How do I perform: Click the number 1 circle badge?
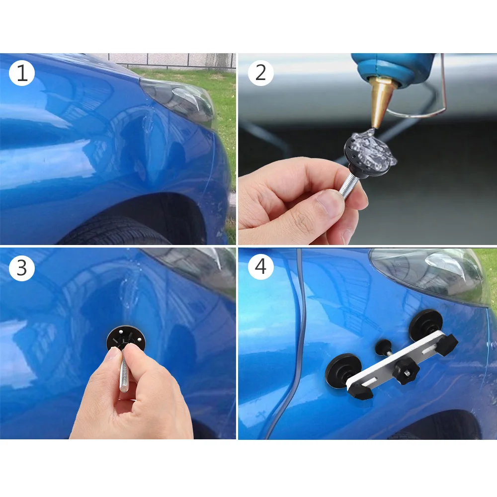(22, 74)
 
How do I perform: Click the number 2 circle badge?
(260, 74)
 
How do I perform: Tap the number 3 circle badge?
(22, 268)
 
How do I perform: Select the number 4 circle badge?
(260, 268)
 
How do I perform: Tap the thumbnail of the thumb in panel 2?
(329, 201)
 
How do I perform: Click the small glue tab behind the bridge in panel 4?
(384, 346)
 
